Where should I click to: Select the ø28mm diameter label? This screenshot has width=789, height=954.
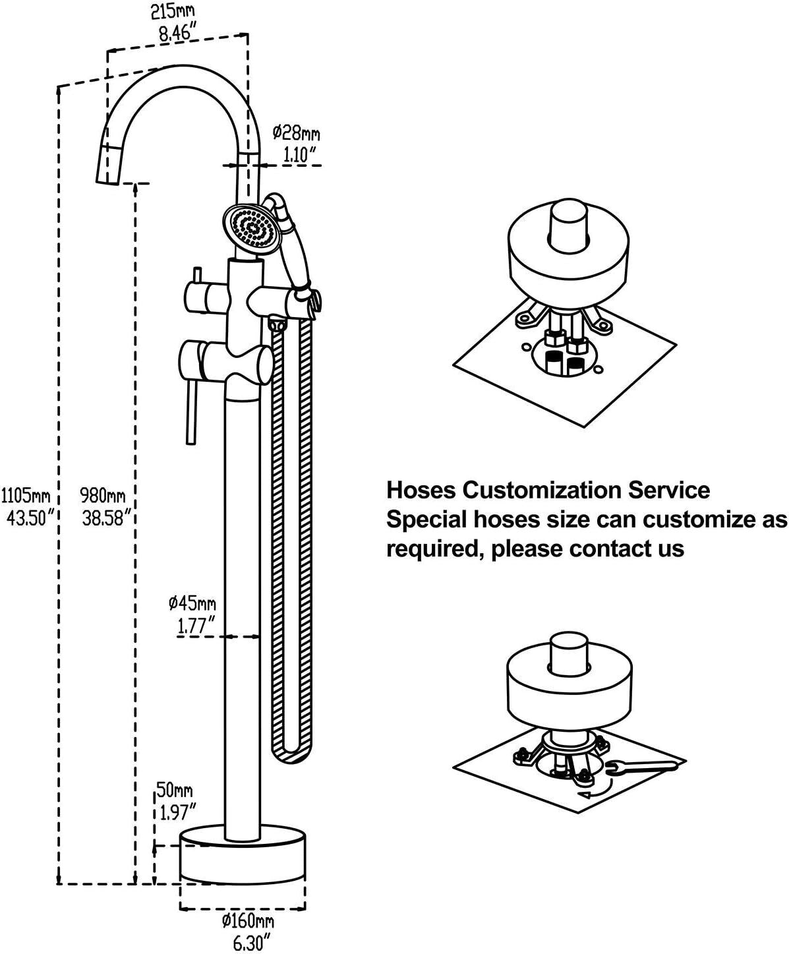coord(297,133)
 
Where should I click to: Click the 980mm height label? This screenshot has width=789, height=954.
coord(102,493)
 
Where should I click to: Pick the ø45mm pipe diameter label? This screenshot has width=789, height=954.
coord(192,602)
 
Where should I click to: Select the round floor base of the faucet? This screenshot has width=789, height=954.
coord(243,856)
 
